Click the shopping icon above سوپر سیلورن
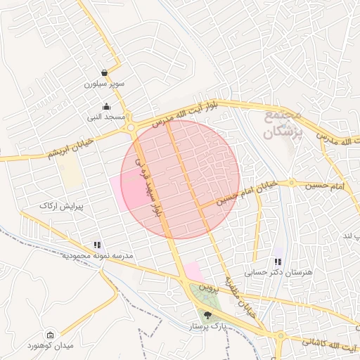[x=105, y=72]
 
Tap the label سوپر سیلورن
[x=105, y=84]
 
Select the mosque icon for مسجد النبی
[x=106, y=106]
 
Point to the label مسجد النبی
[x=105, y=116]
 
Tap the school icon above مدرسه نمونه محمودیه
[x=98, y=245]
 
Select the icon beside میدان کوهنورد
[x=49, y=335]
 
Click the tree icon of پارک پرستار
[x=207, y=315]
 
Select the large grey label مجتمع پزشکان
[x=283, y=124]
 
